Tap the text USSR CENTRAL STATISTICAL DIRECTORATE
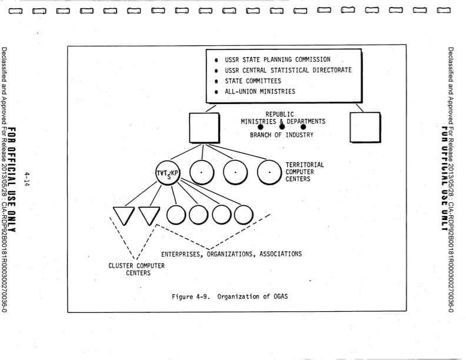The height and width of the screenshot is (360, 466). [x=288, y=70]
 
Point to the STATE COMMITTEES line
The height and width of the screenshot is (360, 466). [x=252, y=81]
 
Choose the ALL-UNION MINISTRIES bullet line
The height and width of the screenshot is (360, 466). [x=259, y=91]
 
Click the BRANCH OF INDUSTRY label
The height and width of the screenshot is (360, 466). [x=281, y=135]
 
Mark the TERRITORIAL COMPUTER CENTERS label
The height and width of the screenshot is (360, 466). [x=304, y=172]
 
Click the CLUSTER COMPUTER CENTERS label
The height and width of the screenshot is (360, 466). [x=137, y=269]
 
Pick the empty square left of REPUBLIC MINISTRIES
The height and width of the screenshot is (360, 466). [x=205, y=128]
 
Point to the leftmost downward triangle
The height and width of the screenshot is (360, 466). [x=124, y=215]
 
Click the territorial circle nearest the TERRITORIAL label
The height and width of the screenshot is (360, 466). [x=269, y=172]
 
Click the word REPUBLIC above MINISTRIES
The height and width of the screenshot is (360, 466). [x=279, y=114]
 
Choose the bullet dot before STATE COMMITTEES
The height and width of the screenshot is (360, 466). [x=217, y=81]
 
